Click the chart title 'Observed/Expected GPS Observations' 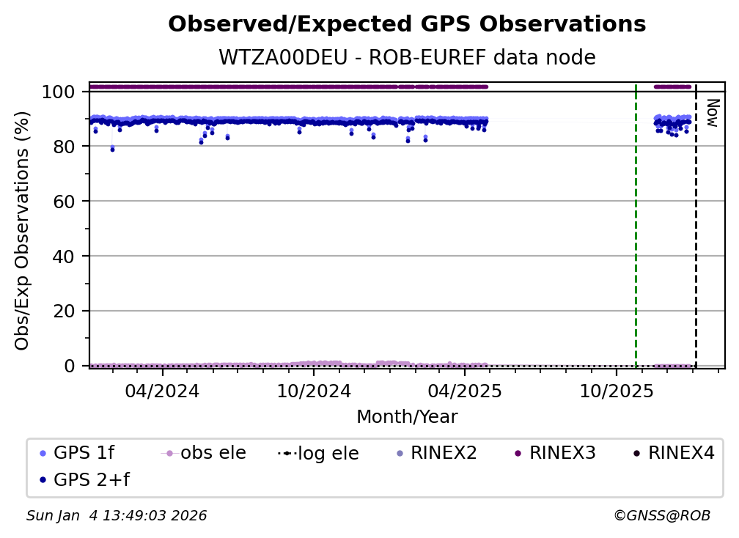[x=407, y=25]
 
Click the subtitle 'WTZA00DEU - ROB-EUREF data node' [x=407, y=58]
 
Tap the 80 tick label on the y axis [x=64, y=147]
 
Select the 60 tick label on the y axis [x=64, y=202]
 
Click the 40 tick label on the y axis [x=64, y=257]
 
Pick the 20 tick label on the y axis [x=64, y=311]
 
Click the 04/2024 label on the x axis [x=162, y=391]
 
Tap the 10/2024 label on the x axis [x=313, y=391]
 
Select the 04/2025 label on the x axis [x=464, y=391]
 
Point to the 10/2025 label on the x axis [x=616, y=391]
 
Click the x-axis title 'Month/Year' [x=407, y=417]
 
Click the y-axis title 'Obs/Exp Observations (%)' [x=23, y=230]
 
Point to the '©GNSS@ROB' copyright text [x=661, y=516]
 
